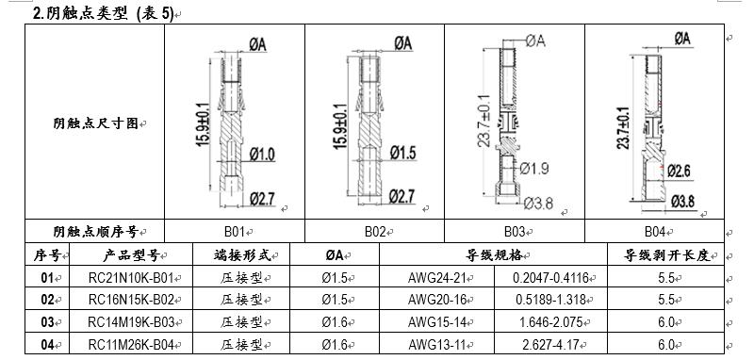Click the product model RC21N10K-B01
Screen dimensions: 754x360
click(x=131, y=278)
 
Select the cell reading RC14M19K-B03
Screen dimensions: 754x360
click(x=131, y=322)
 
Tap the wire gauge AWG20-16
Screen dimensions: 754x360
click(x=437, y=300)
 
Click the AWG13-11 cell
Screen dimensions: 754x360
click(x=437, y=345)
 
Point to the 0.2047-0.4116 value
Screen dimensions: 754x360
click(x=550, y=278)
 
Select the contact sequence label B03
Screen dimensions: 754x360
click(x=514, y=232)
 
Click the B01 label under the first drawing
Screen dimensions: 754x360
click(x=235, y=232)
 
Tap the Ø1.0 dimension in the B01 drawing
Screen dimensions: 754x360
click(x=262, y=155)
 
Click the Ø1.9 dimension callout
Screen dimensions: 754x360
click(x=534, y=169)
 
